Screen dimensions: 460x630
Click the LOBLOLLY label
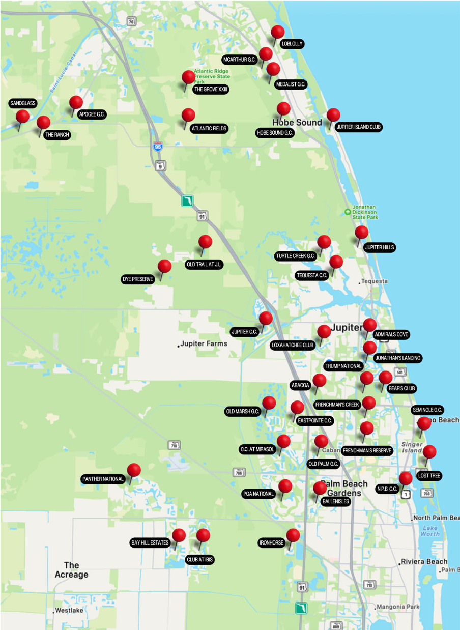pyautogui.click(x=292, y=44)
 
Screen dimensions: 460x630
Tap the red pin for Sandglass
pyautogui.click(x=22, y=117)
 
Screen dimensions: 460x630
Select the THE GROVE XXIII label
pyautogui.click(x=211, y=90)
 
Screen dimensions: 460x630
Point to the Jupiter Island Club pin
pyautogui.click(x=333, y=116)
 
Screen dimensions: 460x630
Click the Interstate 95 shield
pyautogui.click(x=158, y=147)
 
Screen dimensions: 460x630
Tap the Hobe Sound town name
pyautogui.click(x=297, y=122)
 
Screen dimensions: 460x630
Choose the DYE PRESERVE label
pyautogui.click(x=138, y=279)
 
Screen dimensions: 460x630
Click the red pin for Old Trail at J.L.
pyautogui.click(x=205, y=242)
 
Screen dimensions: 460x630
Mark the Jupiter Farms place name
pyautogui.click(x=204, y=343)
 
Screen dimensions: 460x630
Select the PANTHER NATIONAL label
pyautogui.click(x=103, y=479)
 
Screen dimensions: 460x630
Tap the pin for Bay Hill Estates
pyautogui.click(x=179, y=535)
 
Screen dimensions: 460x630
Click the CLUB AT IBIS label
pyautogui.click(x=200, y=560)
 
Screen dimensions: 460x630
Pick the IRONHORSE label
pyautogui.click(x=271, y=543)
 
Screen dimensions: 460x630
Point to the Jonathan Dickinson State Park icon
pyautogui.click(x=348, y=211)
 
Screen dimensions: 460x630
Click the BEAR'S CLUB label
pyautogui.click(x=401, y=388)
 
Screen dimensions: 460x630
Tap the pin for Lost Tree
pyautogui.click(x=429, y=452)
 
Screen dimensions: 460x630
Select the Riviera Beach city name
pyautogui.click(x=424, y=561)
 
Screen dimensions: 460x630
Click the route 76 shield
pyautogui.click(x=132, y=21)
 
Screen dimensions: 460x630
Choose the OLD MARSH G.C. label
pyautogui.click(x=242, y=411)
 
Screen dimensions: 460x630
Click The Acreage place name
pyautogui.click(x=71, y=570)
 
